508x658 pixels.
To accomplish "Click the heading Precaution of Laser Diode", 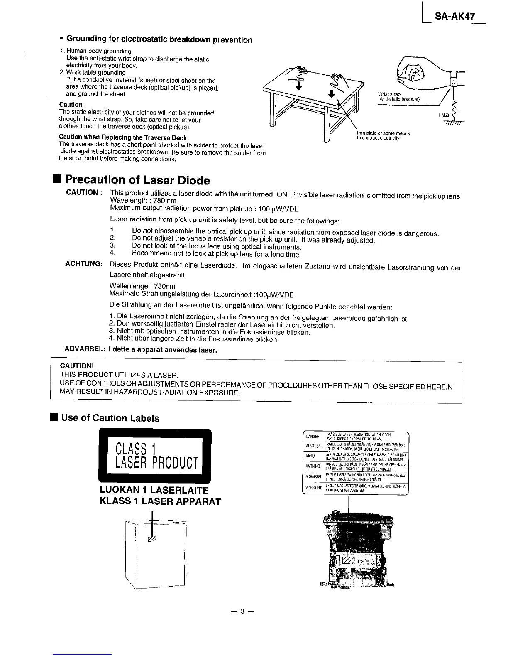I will [x=137, y=180].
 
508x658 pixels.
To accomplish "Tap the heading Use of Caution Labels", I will [x=110, y=418].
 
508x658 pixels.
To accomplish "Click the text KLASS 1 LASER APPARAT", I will [x=160, y=501].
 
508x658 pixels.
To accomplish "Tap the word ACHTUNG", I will [x=84, y=264].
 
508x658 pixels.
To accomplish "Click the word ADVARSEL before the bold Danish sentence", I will [x=85, y=350].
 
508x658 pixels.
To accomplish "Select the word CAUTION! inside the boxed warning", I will [x=77, y=366].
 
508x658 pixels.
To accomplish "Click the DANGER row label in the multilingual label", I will [x=313, y=437].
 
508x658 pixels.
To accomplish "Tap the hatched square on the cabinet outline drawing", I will [x=151, y=539].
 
